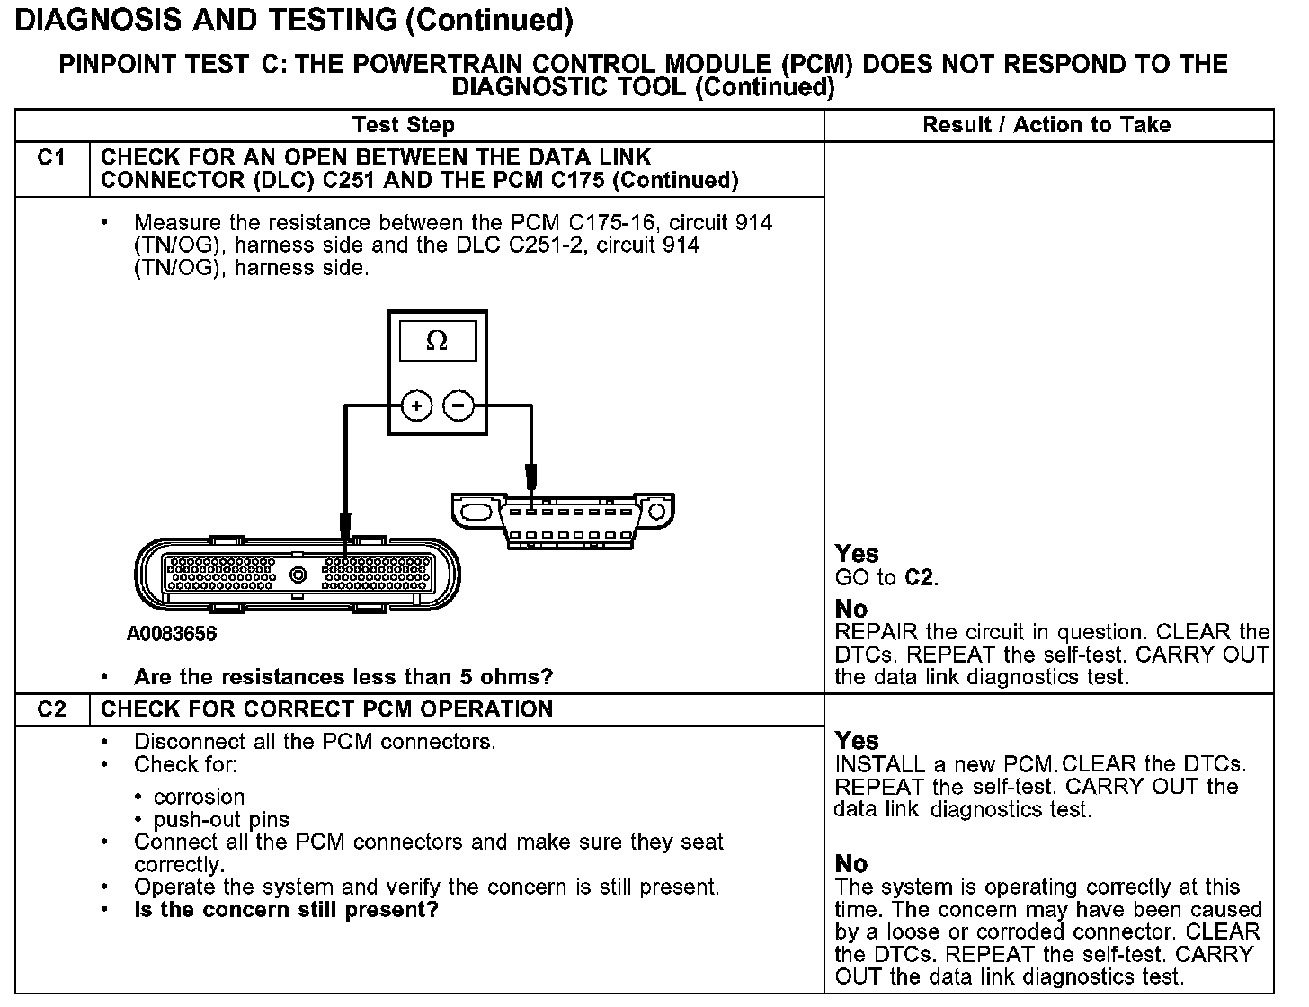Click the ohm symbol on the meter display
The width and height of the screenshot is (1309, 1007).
tap(437, 341)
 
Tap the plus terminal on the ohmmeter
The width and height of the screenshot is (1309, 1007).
tap(416, 406)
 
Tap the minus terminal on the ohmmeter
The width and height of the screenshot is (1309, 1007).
tap(459, 406)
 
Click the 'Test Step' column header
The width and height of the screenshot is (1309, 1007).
tap(404, 125)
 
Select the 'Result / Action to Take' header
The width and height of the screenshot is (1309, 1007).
tap(1046, 125)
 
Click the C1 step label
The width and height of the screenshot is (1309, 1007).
tap(52, 157)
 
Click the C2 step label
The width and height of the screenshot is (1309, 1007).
tap(52, 709)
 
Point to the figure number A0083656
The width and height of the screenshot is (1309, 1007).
tap(172, 634)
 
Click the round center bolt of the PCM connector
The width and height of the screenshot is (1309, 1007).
tap(298, 575)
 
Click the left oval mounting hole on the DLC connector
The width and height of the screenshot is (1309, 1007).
tap(474, 512)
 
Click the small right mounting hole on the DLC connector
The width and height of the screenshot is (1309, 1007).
tap(656, 512)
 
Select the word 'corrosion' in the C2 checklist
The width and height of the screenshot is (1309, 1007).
tap(199, 798)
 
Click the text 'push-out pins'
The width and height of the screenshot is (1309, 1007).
tap(221, 820)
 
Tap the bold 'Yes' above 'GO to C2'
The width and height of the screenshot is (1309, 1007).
tap(857, 554)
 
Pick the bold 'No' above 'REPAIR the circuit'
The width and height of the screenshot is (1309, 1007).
tap(851, 610)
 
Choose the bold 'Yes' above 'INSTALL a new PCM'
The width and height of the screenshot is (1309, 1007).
tap(857, 741)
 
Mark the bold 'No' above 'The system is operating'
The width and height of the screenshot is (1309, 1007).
tap(851, 864)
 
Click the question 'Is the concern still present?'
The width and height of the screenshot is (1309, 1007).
tap(286, 910)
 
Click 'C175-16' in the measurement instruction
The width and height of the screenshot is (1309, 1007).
tap(615, 223)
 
